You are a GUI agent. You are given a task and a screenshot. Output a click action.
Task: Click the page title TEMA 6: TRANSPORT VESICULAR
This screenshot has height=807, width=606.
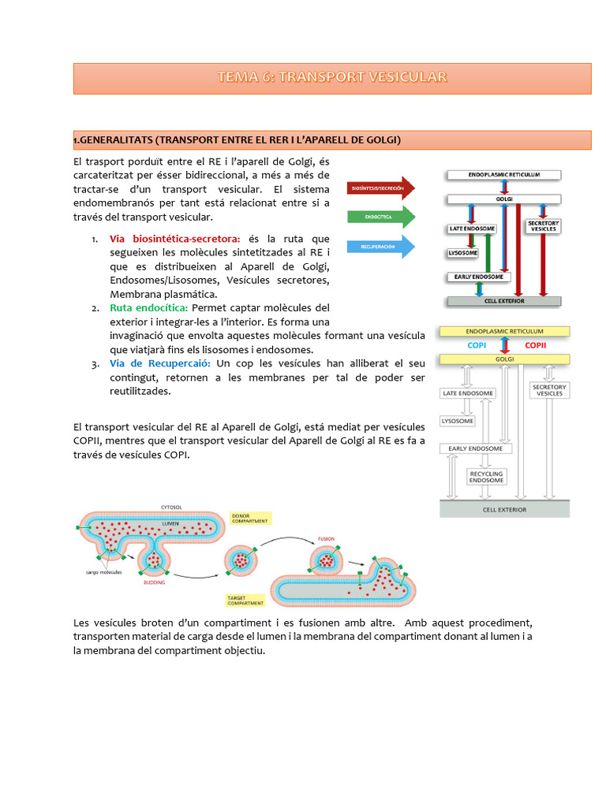click(x=332, y=77)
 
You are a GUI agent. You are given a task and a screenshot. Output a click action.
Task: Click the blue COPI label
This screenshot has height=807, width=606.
click(x=477, y=344)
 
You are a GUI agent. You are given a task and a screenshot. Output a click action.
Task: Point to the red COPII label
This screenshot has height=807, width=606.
click(x=535, y=344)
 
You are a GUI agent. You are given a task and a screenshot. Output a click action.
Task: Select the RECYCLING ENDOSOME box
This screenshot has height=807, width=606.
click(x=486, y=476)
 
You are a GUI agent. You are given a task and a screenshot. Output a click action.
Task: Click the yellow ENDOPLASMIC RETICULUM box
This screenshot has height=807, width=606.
click(x=504, y=332)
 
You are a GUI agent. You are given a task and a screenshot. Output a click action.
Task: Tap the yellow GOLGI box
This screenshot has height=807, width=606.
click(x=504, y=359)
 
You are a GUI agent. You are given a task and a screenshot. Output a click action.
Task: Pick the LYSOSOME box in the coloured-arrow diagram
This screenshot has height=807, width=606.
click(x=463, y=253)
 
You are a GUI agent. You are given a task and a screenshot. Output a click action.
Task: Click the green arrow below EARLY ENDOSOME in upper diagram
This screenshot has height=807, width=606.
click(x=478, y=290)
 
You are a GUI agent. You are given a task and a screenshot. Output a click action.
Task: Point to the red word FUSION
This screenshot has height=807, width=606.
click(x=326, y=540)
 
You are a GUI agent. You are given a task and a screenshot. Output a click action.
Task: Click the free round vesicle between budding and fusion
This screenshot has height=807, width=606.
click(x=241, y=560)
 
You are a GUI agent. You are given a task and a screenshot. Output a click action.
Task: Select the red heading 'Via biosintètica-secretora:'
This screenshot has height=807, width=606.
click(x=175, y=239)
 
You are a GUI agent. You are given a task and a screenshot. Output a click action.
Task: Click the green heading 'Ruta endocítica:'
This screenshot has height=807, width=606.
click(x=149, y=307)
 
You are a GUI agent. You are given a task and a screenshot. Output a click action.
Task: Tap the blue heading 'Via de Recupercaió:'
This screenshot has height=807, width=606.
click(x=160, y=363)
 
